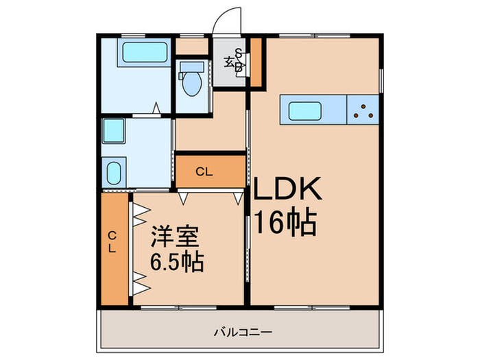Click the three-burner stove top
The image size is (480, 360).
tap(363, 110)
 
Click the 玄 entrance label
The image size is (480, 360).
tap(228, 62)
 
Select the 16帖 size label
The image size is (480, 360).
tap(285, 222)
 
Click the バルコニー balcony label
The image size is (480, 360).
tap(242, 333)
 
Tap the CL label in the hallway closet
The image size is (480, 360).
tap(203, 171)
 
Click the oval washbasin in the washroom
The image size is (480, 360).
tap(113, 171)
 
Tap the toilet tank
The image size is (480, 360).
tap(191, 68)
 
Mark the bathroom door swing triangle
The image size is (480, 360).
tap(157, 108)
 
